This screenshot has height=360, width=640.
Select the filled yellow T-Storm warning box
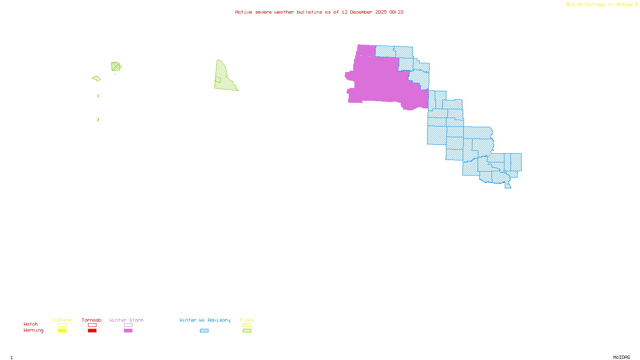pyautogui.click(x=62, y=331)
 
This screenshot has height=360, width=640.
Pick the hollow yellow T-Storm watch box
pyautogui.click(x=62, y=325)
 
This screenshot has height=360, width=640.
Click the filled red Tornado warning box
pyautogui.click(x=92, y=331)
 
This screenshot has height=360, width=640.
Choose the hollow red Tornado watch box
pyautogui.click(x=92, y=325)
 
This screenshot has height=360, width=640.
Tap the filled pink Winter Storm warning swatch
pyautogui.click(x=128, y=331)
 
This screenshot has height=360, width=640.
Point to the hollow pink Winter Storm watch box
pyautogui.click(x=128, y=325)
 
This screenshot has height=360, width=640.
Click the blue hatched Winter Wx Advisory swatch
pyautogui.click(x=204, y=331)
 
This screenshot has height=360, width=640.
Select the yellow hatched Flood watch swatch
pyautogui.click(x=247, y=325)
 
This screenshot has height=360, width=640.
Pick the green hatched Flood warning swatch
pyautogui.click(x=247, y=331)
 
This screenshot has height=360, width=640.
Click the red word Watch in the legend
pyautogui.click(x=31, y=324)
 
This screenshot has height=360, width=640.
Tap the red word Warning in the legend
pyautogui.click(x=33, y=330)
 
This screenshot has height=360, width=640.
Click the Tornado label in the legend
pyautogui.click(x=92, y=320)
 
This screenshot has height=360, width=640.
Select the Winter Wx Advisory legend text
pyautogui.click(x=205, y=320)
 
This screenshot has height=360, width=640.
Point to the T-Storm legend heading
pyautogui.click(x=62, y=320)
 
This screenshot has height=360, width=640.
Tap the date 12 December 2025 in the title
pyautogui.click(x=364, y=12)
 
